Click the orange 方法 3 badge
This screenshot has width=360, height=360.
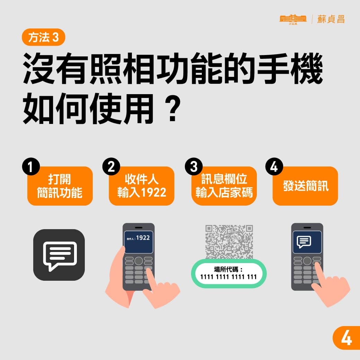tap(43, 38)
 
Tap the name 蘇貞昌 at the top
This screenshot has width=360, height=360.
tap(331, 19)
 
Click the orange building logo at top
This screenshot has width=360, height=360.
tap(293, 19)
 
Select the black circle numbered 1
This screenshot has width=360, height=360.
tap(30, 167)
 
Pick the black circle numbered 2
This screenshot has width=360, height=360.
tap(111, 167)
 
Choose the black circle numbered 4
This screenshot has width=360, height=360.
tap(274, 167)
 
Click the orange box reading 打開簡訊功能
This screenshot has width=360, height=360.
tap(60, 186)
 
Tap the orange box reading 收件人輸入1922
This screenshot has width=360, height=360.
tap(142, 186)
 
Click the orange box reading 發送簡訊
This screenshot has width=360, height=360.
tap(305, 186)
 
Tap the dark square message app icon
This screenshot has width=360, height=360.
tap(59, 255)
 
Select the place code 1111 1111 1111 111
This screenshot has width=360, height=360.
tap(229, 277)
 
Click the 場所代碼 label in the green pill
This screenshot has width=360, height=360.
tap(229, 269)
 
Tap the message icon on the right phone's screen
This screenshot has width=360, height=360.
tap(304, 241)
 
